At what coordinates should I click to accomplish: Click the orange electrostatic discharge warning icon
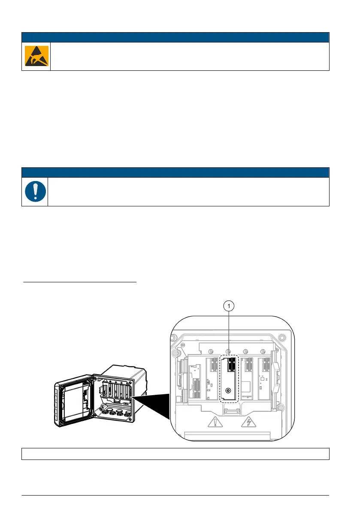coord(36,56)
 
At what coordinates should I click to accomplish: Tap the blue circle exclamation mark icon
coord(35,192)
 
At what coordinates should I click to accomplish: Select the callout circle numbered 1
coord(230,306)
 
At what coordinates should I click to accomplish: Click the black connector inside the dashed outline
coord(230,365)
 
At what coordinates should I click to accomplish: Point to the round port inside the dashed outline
coord(228,391)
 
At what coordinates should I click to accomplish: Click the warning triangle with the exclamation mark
coord(213,423)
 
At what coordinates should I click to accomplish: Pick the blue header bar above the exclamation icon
coord(175,172)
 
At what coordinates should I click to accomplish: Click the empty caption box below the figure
coord(175,454)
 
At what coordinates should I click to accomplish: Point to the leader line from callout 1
coord(230,333)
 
